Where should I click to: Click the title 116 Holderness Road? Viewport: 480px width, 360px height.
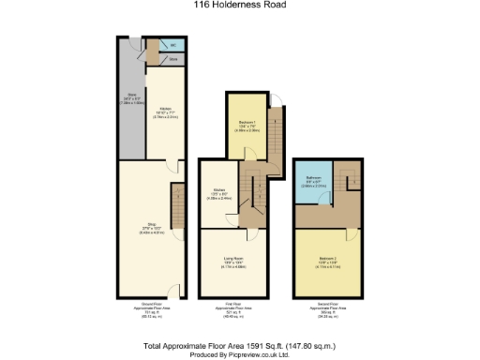pyautogui.click(x=240, y=5)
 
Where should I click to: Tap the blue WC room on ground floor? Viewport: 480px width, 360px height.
pyautogui.click(x=171, y=45)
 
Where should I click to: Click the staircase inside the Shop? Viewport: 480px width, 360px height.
pyautogui.click(x=175, y=208)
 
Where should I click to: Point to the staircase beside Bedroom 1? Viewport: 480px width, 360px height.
pyautogui.click(x=273, y=131)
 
